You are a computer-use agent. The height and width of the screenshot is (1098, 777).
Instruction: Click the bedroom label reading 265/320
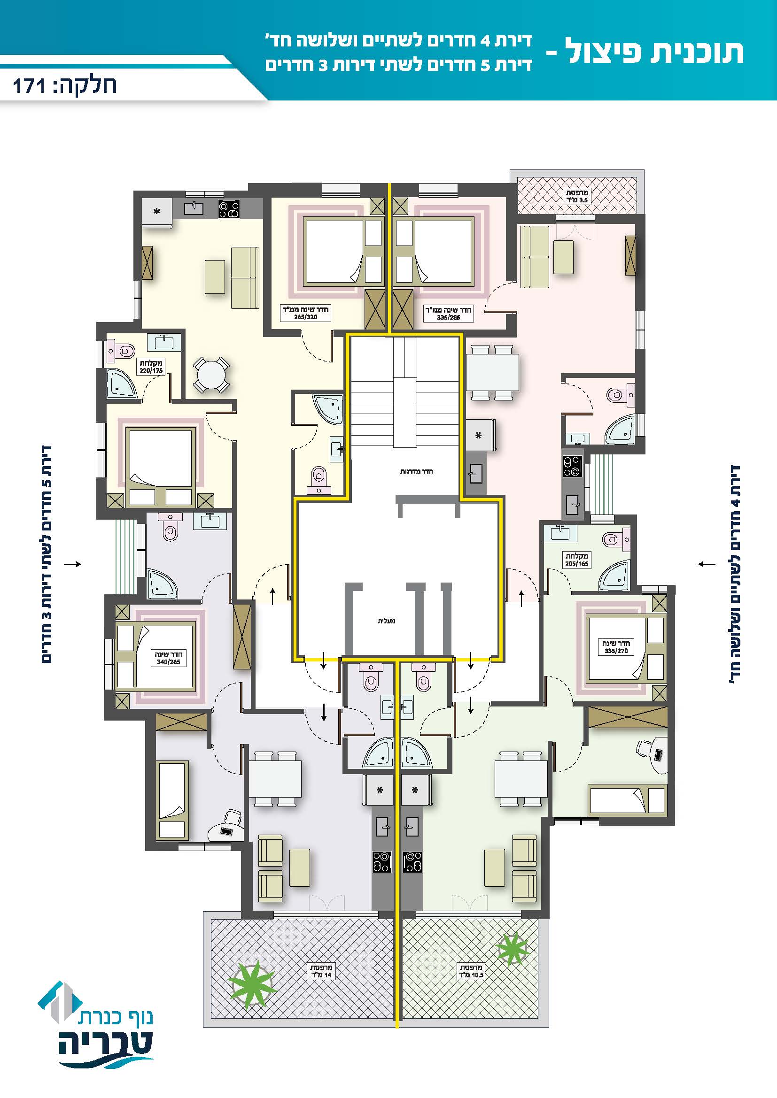tap(305, 313)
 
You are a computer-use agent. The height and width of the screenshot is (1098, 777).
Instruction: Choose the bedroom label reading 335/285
tap(448, 313)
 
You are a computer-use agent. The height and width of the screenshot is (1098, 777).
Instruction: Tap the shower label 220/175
tap(151, 367)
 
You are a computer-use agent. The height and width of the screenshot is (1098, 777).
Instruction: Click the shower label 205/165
tap(576, 560)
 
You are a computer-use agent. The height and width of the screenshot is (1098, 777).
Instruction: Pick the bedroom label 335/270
tap(616, 646)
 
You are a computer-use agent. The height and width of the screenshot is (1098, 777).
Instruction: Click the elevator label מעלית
tap(387, 621)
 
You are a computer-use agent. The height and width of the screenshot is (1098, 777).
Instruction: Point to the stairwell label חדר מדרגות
tap(416, 471)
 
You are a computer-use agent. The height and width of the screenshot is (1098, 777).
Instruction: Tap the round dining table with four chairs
tap(211, 375)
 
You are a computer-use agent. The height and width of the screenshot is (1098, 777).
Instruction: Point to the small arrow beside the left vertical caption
tap(73, 564)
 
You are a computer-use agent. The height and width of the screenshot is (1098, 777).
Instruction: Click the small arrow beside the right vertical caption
tap(707, 564)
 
